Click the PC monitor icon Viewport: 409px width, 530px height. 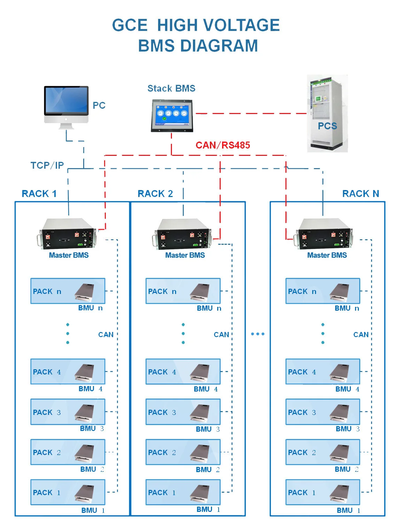[x=66, y=105]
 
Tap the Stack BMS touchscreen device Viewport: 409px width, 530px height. [x=172, y=115]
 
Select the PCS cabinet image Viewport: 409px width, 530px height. [x=327, y=113]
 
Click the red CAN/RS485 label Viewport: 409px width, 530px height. [x=223, y=145]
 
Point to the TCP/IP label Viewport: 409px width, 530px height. [x=47, y=165]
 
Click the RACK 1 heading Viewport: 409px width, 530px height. [x=39, y=194]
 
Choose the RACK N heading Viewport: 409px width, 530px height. [x=360, y=194]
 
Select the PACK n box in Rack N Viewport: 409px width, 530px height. [x=322, y=291]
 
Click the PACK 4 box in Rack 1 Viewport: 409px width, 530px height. [x=68, y=372]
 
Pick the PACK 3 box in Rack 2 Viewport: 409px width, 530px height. [x=183, y=412]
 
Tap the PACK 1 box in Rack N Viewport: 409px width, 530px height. [x=322, y=492]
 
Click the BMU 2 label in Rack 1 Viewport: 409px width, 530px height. [x=92, y=469]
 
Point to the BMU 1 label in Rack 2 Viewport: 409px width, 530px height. [x=208, y=509]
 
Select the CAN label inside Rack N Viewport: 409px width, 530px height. [x=361, y=335]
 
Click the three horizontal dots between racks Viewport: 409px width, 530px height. [x=258, y=334]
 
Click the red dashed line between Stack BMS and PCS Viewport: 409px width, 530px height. [x=251, y=113]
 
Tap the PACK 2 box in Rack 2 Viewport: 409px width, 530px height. [x=183, y=452]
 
